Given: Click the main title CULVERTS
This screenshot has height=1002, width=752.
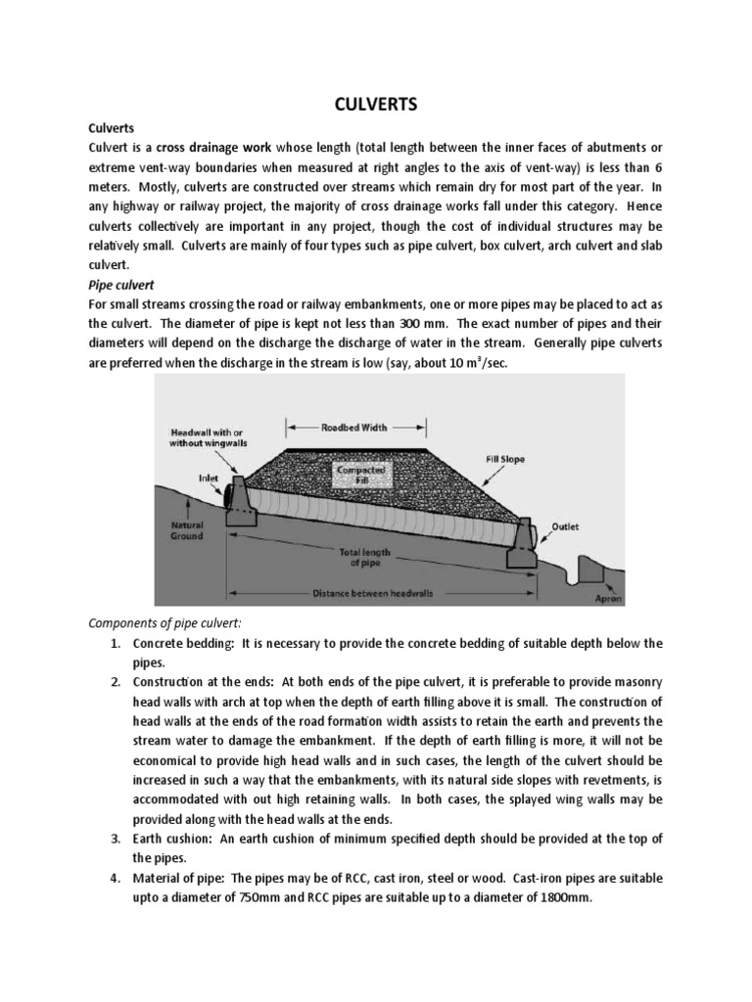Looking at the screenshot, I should tap(376, 105).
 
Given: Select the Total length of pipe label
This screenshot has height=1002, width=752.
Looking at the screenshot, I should tap(371, 557).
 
